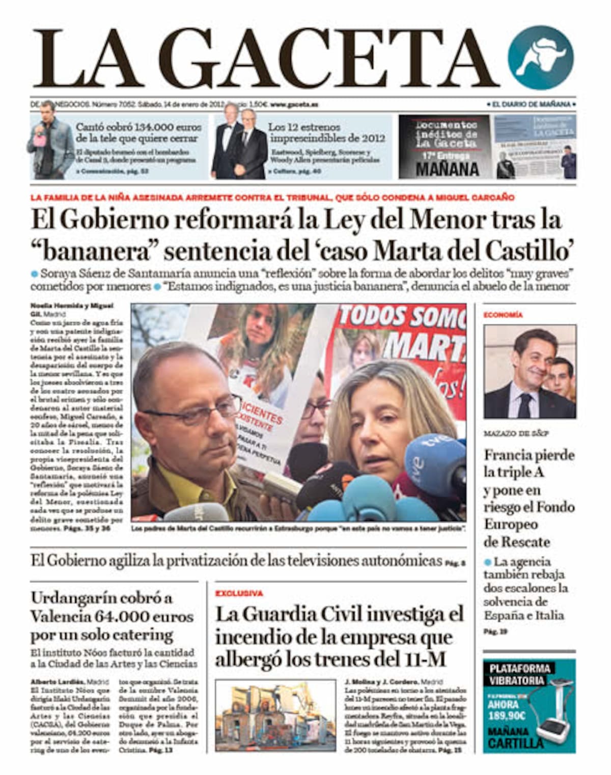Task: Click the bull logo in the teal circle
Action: point(541,58)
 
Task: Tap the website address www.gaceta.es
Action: point(294,104)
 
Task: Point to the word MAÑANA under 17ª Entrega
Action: point(447,169)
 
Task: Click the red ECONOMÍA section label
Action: point(503,315)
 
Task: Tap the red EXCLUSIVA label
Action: point(239,593)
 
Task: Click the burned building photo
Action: point(275,716)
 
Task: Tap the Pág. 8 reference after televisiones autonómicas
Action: point(455,564)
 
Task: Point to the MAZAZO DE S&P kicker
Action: point(516,434)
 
